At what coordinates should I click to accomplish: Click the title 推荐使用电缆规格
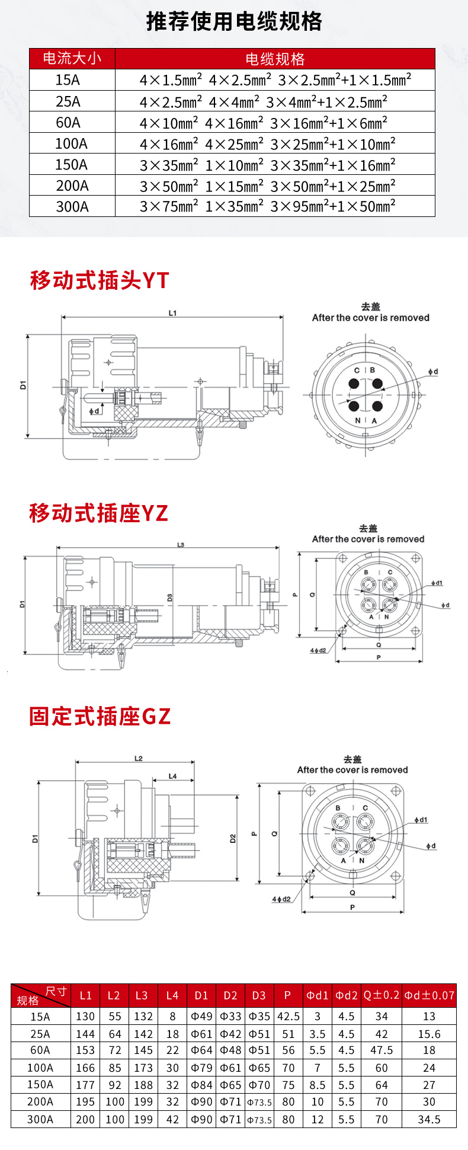[x=234, y=22]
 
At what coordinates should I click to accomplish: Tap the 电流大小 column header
[x=72, y=59]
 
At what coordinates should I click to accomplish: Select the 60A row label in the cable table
[x=68, y=123]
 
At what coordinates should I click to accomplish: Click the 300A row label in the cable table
[x=72, y=206]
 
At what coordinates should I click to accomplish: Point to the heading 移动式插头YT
[x=100, y=280]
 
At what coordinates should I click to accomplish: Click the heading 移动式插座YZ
[x=99, y=513]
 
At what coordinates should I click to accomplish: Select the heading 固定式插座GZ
[x=100, y=716]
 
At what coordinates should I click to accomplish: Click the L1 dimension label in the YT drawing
[x=172, y=313]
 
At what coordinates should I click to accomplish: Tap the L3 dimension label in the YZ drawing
[x=181, y=545]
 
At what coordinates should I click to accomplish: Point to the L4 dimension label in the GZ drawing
[x=172, y=776]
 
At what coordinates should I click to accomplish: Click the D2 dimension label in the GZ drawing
[x=233, y=838]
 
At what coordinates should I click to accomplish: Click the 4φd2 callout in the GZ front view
[x=281, y=899]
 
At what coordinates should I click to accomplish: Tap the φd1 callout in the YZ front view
[x=437, y=583]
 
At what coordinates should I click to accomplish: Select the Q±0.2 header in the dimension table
[x=382, y=995]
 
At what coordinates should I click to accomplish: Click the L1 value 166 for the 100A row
[x=85, y=1068]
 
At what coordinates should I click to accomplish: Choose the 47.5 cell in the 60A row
[x=382, y=1050]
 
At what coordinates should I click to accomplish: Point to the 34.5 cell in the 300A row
[x=429, y=1119]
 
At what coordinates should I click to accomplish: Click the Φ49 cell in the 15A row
[x=201, y=1016]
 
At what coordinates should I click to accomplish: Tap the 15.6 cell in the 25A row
[x=429, y=1034]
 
